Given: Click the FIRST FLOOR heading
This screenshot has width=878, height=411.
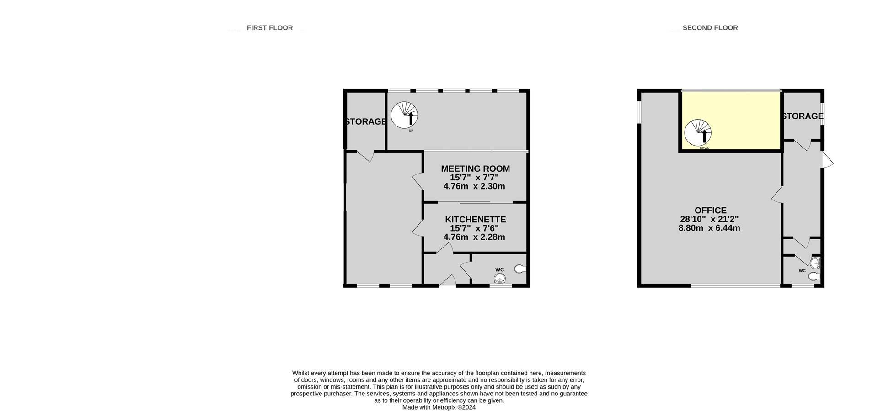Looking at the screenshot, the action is (270, 28).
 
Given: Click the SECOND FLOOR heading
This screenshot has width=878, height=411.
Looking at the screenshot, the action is (710, 28).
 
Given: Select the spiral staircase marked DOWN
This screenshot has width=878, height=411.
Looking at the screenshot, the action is (698, 133).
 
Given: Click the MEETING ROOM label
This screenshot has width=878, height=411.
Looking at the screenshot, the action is (476, 169).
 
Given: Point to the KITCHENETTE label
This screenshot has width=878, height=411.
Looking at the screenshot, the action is (476, 220).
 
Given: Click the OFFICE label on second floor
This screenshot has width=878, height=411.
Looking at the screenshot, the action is (711, 211).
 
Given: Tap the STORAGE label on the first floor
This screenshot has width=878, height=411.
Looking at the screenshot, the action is (366, 121).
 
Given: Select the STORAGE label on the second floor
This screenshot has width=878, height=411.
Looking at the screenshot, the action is (803, 116).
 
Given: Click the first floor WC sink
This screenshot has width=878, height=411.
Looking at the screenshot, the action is (500, 278).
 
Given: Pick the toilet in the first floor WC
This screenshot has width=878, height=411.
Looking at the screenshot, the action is (520, 269).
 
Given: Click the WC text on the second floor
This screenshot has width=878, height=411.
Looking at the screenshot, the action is (802, 271).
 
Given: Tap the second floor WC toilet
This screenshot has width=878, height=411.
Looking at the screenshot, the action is (814, 276).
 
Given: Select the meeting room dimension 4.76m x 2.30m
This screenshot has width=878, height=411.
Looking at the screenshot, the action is (474, 186).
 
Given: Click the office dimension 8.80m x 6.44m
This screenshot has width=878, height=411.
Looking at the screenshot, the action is (709, 228).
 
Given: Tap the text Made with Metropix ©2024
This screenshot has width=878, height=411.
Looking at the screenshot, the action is (439, 407).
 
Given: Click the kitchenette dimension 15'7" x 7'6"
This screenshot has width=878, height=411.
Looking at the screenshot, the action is (474, 228).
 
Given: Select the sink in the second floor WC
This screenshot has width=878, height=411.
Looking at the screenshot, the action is (815, 263).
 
